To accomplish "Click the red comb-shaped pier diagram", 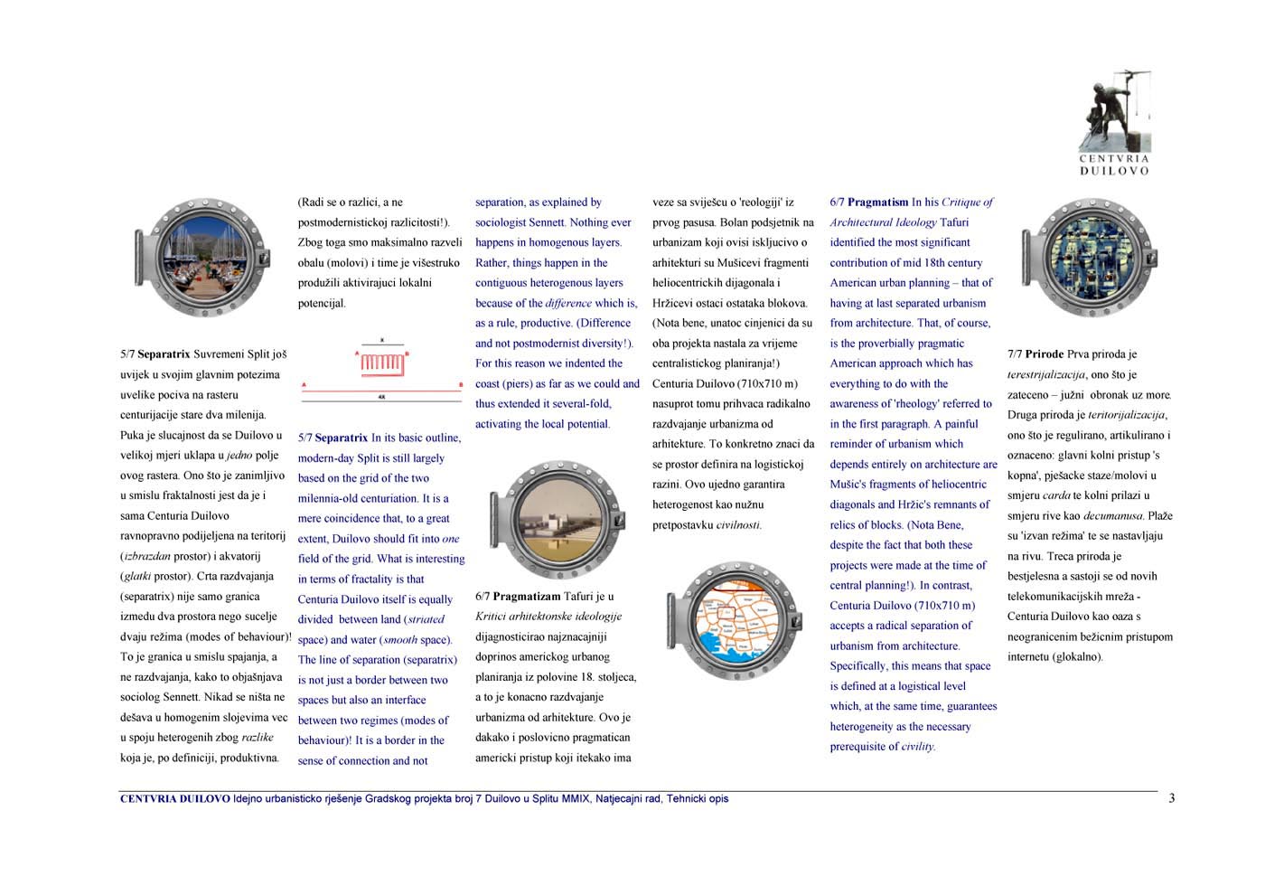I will (381, 363).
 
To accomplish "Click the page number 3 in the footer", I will (1171, 798).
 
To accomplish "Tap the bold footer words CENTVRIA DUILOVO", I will (174, 799).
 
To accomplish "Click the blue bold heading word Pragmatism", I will (877, 203).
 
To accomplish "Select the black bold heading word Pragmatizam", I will (526, 597).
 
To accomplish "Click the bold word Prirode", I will (1044, 354).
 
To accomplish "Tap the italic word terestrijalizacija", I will (1045, 375).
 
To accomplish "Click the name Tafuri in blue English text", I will (954, 222).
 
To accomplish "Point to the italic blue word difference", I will (568, 304).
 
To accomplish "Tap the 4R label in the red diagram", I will (381, 397).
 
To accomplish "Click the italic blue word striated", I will (426, 620).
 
